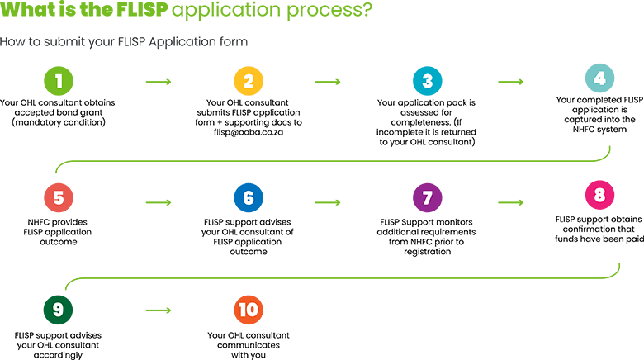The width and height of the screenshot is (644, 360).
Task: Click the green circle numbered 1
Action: coord(59,82)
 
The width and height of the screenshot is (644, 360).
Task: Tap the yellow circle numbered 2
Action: coord(249,82)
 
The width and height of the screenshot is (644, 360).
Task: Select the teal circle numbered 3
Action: coord(427,82)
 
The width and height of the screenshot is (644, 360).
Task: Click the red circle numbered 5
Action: coord(59,199)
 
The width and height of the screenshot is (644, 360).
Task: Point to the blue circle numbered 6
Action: coord(249,199)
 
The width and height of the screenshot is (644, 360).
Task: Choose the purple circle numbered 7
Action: coord(427,199)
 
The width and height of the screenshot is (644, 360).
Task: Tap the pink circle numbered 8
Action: coord(599,196)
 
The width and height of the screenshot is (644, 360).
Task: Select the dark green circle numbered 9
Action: coord(58,310)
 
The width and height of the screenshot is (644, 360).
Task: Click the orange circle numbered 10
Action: coord(249,310)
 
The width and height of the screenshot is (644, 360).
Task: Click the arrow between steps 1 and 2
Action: coord(158,82)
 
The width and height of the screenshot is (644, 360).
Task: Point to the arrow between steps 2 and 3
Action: coord(328,82)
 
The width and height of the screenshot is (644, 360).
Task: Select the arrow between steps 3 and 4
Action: coord(510,82)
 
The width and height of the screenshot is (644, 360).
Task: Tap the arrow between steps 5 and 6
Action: coord(158,200)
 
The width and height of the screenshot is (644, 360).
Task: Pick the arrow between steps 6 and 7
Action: coord(328,200)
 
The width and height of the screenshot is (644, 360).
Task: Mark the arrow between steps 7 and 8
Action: coord(510,200)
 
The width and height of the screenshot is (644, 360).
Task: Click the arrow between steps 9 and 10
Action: coord(158,310)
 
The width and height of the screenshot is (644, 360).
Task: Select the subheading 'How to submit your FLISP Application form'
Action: coord(124,41)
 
